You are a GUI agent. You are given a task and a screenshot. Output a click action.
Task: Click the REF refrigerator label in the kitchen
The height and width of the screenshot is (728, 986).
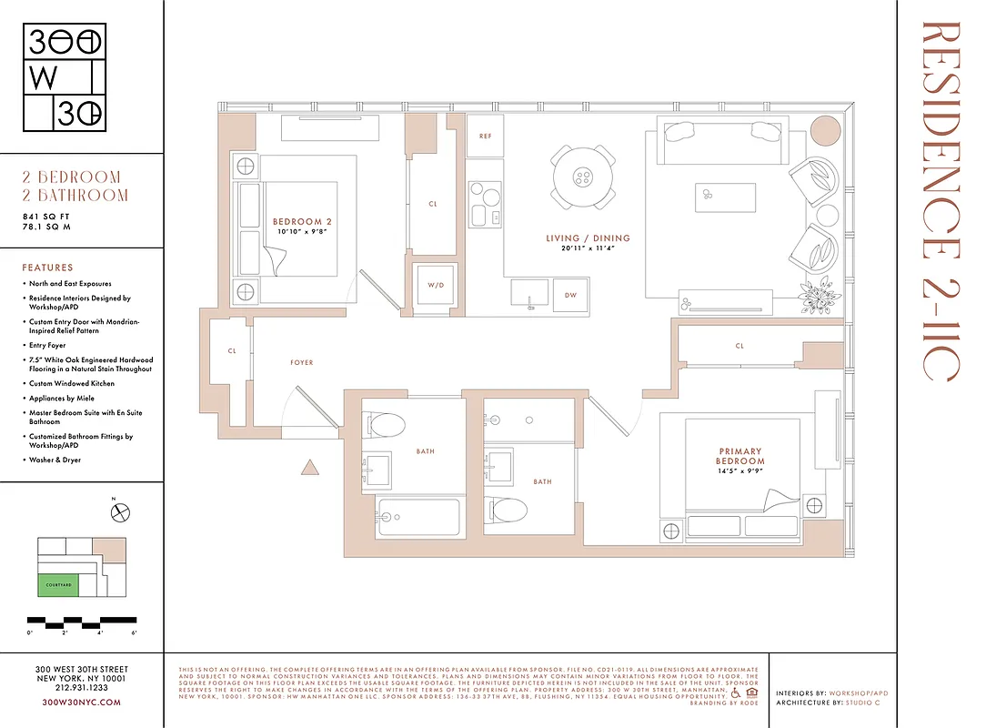point(485,136)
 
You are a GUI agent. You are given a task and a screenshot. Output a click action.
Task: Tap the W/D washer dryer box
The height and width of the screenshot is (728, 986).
point(434,285)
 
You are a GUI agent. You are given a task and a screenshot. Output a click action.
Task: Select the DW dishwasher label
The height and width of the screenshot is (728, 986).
point(570,295)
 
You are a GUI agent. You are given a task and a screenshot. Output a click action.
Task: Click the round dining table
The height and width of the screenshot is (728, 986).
point(582,177)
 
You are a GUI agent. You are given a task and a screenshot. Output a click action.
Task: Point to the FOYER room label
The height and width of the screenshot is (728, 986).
point(301,362)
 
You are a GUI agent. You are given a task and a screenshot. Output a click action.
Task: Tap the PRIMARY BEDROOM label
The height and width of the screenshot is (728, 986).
point(741,456)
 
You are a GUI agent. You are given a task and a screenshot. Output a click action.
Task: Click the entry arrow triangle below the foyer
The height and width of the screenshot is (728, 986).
point(309,469)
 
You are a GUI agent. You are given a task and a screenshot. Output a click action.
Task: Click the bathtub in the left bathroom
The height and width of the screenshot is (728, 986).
point(418,520)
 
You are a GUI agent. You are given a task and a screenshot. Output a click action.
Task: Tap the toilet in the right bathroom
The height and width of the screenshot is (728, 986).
point(505,506)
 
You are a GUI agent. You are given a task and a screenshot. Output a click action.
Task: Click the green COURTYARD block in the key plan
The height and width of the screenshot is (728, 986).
point(58,585)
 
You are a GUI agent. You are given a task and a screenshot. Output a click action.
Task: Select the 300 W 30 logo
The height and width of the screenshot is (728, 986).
point(64,78)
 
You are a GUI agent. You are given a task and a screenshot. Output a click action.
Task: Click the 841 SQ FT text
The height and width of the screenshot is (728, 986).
point(46,216)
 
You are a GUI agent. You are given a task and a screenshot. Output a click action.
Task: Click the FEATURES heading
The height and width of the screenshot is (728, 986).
point(47,268)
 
